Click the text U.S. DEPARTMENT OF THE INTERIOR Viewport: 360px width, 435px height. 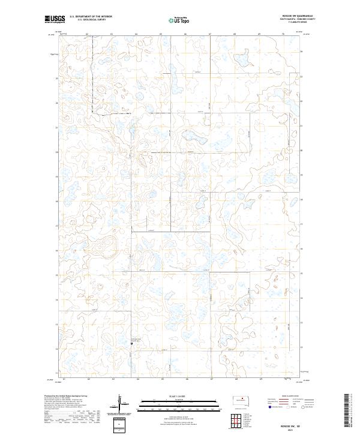[x=91, y=17]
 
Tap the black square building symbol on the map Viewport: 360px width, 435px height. [x=131, y=344]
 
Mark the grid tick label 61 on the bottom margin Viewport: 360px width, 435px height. [x=63, y=379]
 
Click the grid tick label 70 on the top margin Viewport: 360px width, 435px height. [x=283, y=34]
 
